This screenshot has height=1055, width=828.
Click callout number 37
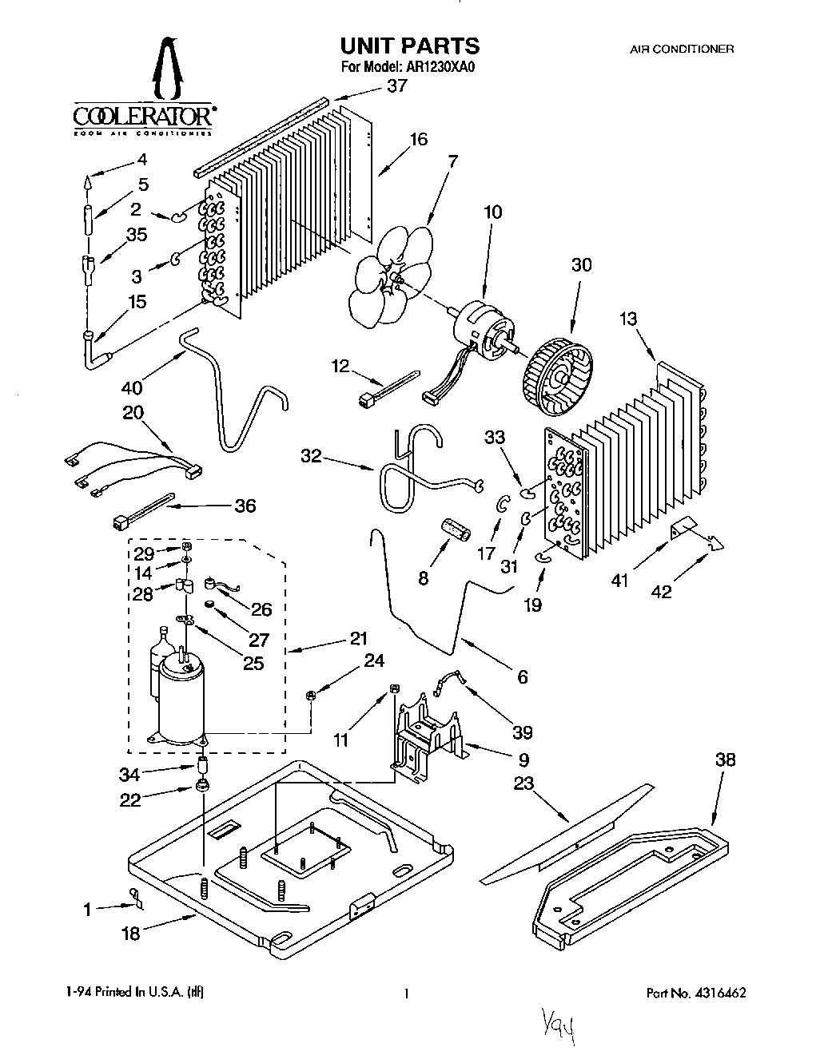point(396,86)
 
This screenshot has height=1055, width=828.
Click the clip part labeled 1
point(136,899)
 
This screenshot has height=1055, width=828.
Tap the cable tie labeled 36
point(144,513)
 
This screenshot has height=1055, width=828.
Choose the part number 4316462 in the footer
point(717,994)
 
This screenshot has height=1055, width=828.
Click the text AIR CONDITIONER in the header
point(682,49)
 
